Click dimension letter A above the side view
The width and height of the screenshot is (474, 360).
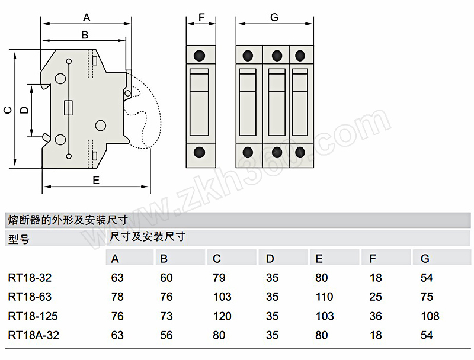pyautogui.click(x=87, y=18)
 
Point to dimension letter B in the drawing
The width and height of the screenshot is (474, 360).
pyautogui.click(x=85, y=35)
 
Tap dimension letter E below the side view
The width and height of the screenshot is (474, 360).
pyautogui.click(x=96, y=181)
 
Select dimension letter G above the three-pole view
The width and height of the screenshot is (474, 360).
pyautogui.click(x=274, y=18)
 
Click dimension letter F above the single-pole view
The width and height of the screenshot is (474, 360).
pyautogui.click(x=201, y=18)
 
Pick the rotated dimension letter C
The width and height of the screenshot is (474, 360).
pyautogui.click(x=8, y=110)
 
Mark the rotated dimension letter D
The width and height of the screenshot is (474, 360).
pyautogui.click(x=24, y=110)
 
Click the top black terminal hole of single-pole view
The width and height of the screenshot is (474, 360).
pyautogui.click(x=199, y=56)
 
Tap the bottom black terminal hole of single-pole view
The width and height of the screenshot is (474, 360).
pyautogui.click(x=199, y=153)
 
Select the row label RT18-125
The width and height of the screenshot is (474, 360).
pyautogui.click(x=33, y=316)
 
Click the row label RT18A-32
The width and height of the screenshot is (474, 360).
pyautogui.click(x=34, y=335)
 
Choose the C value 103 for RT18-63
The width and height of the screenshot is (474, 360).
pyautogui.click(x=222, y=297)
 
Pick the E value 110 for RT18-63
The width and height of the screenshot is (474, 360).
pyautogui.click(x=324, y=297)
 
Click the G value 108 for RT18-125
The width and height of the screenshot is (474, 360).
pyautogui.click(x=430, y=316)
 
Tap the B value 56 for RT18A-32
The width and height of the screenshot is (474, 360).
pyautogui.click(x=166, y=335)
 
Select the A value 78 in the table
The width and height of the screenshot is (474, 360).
pyautogui.click(x=117, y=297)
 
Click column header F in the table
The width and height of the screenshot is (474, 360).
pyautogui.click(x=373, y=259)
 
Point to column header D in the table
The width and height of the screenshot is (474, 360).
pyautogui.click(x=270, y=259)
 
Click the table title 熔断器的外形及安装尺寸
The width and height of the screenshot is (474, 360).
pyautogui.click(x=68, y=220)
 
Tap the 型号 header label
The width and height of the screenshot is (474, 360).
pyautogui.click(x=19, y=239)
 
